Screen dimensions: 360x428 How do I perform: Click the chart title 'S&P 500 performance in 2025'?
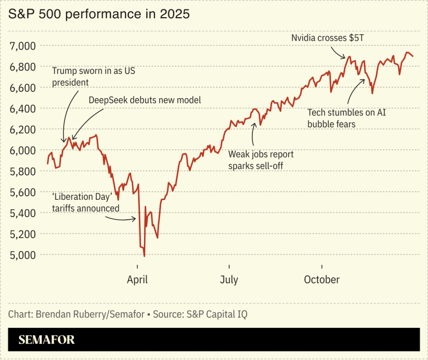(99, 14)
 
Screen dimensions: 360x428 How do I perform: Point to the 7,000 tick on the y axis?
(23, 46)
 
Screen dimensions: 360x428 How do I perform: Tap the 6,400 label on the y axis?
(23, 108)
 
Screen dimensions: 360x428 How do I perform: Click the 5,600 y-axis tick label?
(23, 192)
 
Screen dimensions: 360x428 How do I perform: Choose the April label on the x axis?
(138, 280)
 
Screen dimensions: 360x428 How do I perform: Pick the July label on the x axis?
(229, 280)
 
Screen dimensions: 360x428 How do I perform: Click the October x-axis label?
(321, 280)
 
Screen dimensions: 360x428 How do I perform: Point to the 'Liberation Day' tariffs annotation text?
(85, 202)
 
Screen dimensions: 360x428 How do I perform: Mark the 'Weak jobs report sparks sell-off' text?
(261, 160)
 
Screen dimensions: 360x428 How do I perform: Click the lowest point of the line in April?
(144, 256)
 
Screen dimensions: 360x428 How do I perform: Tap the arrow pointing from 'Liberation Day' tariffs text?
(127, 217)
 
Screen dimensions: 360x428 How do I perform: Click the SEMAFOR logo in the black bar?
(47, 340)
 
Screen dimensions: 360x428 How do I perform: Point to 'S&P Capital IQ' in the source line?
(221, 314)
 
